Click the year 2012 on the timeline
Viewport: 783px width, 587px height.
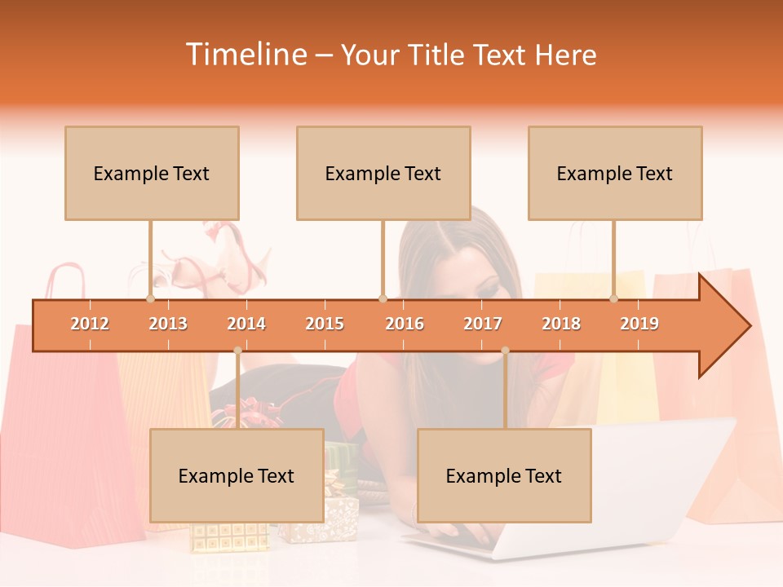pos(90,324)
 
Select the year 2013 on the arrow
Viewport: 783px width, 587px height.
pos(168,324)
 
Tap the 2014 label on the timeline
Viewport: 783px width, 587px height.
pos(246,324)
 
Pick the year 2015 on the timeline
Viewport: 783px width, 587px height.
pos(325,324)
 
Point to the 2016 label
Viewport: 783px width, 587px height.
pos(405,324)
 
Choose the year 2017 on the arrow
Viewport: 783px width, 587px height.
pos(483,324)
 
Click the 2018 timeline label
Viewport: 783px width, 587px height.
pos(561,324)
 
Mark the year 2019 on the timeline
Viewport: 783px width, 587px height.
pos(639,324)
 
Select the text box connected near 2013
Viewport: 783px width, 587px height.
pos(152,173)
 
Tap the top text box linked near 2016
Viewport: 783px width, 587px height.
pos(383,173)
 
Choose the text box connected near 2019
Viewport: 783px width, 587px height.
pos(615,173)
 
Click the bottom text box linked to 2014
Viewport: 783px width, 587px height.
pos(237,475)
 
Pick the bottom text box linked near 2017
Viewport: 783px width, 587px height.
pos(504,475)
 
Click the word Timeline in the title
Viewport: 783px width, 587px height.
pos(246,55)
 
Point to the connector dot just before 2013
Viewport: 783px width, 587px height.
pos(150,298)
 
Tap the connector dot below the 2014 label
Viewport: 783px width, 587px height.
pos(237,351)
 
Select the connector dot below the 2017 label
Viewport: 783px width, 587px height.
pos(505,351)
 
